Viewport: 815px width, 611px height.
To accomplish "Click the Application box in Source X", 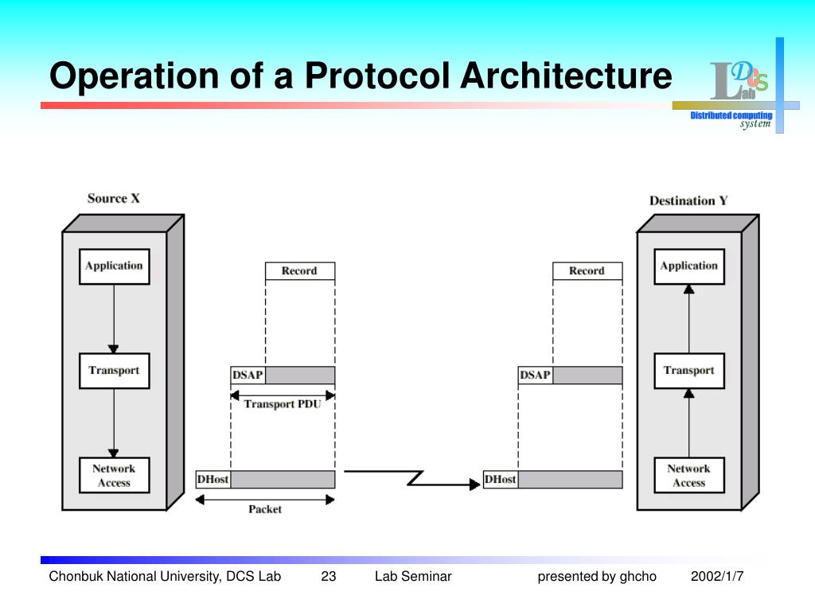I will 114,267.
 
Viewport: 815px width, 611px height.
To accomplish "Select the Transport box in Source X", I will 114,371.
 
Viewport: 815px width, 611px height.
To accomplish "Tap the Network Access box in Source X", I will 114,476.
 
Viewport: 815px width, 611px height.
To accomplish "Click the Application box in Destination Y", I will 688,267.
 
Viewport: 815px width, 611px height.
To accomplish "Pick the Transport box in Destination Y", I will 688,371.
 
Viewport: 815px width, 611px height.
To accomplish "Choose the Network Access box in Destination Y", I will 688,476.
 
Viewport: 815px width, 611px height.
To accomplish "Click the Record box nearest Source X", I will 299,271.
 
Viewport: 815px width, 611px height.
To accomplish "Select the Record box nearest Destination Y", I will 587,271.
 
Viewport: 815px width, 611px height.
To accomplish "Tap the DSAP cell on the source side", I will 248,375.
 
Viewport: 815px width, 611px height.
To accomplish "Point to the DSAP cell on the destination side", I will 535,375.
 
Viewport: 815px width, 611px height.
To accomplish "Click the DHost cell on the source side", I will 213,480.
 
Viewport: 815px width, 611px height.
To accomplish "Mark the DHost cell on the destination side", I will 500,480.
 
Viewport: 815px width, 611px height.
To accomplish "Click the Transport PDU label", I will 283,404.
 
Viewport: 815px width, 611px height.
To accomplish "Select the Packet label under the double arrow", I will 265,509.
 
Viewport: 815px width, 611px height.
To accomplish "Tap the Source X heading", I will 113,198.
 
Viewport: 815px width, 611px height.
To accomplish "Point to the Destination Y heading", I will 688,200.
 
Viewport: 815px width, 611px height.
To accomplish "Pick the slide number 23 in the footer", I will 329,576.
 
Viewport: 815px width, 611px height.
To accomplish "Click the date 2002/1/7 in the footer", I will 716,576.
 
